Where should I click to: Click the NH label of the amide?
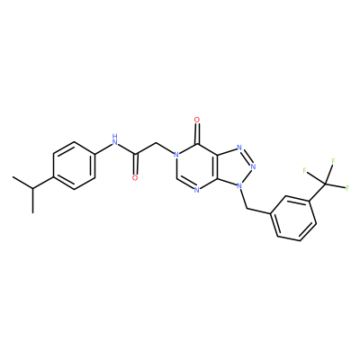point(114,139)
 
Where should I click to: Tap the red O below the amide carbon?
point(135,177)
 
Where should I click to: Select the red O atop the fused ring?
point(197,120)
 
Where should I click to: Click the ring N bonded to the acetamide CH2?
point(176,155)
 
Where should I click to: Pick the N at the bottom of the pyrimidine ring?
point(196,190)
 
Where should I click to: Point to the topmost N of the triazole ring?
point(239,148)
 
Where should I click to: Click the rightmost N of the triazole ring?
point(253,166)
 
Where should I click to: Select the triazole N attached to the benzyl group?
point(239,185)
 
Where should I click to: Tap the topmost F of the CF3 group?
point(333,161)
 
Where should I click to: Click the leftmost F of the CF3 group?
point(305,171)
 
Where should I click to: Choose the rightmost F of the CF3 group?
point(347,188)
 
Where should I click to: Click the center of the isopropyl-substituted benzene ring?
point(74,166)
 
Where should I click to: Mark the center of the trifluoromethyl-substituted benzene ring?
point(293,218)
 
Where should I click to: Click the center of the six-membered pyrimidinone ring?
point(197,166)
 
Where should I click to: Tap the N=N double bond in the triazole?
point(247,157)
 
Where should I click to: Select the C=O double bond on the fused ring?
point(197,133)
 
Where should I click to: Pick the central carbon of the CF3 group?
point(325,183)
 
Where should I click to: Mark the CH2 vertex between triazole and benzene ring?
point(247,209)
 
